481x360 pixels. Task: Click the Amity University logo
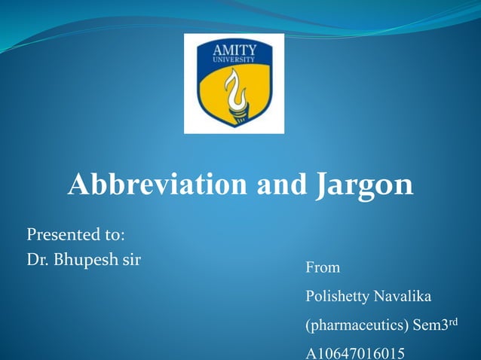click(x=234, y=84)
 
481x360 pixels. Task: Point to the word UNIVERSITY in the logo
click(x=234, y=57)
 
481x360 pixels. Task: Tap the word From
click(x=322, y=267)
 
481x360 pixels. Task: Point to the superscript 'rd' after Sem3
click(x=452, y=322)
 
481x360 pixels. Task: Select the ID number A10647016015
click(x=354, y=352)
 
